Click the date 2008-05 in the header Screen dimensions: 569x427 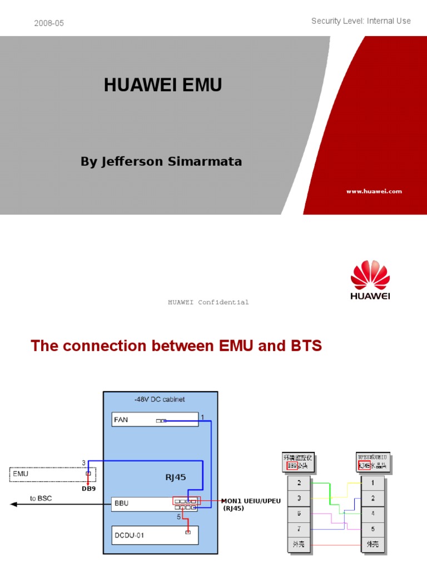[49, 23]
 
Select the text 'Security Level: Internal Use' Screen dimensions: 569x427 [361, 21]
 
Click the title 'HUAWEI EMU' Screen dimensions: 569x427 [163, 85]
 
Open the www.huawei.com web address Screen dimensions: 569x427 [374, 191]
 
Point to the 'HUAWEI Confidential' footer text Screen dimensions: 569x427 [208, 302]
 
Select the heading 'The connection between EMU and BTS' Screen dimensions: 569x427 [176, 346]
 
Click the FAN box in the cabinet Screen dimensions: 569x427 [155, 420]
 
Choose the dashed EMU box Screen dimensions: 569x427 [52, 475]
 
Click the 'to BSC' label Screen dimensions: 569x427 [41, 498]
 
